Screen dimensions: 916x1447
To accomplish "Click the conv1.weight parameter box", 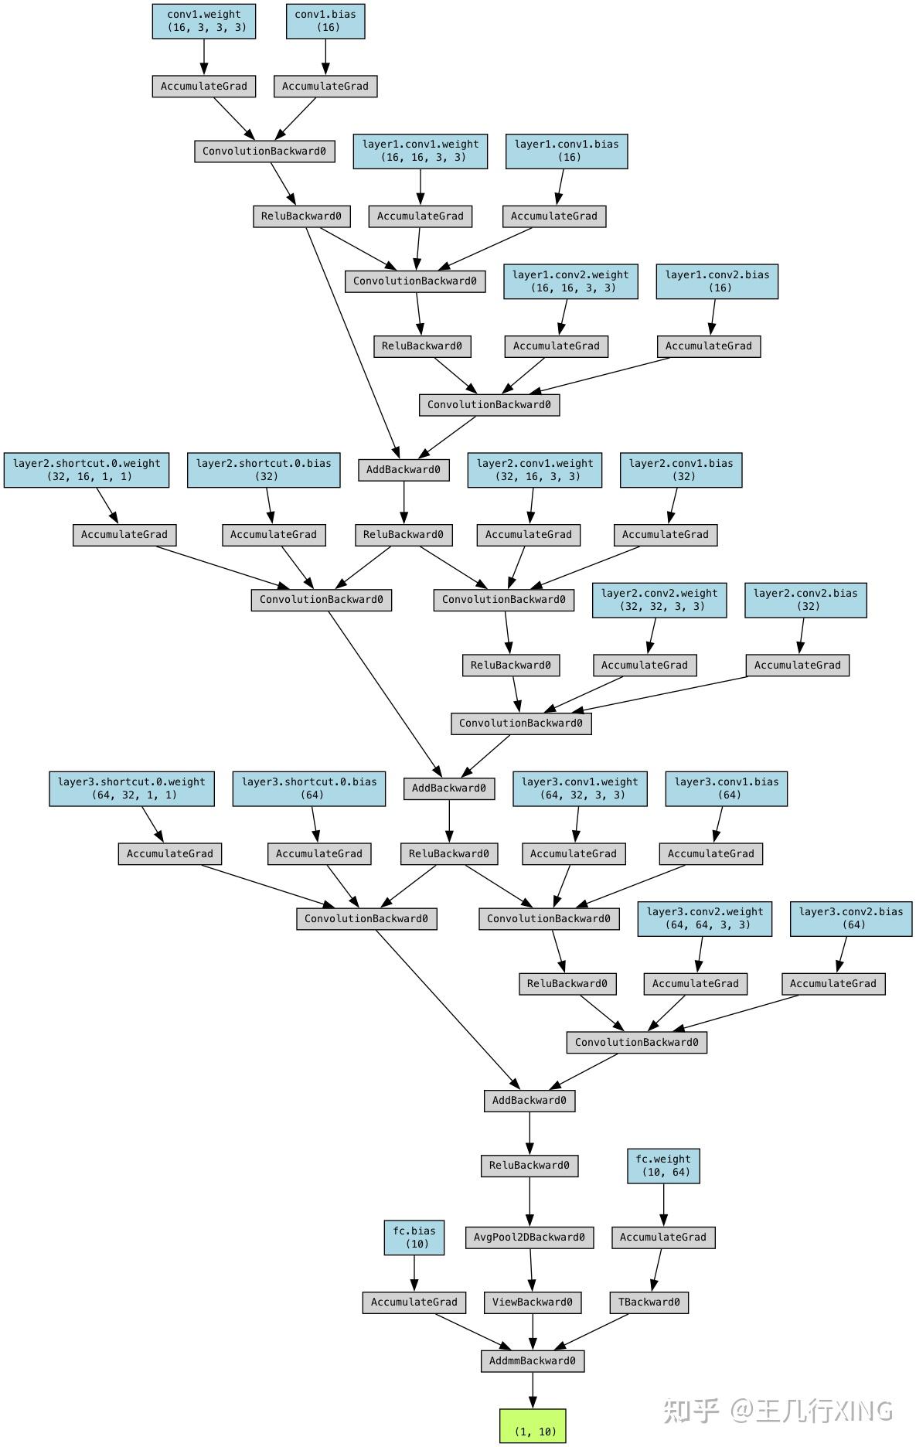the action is click(x=204, y=21).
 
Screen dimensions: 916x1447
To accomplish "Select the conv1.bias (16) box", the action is click(x=325, y=21).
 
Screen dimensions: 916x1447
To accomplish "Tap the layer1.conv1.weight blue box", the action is click(x=421, y=151).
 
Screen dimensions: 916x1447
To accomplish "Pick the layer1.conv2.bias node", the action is click(x=717, y=281).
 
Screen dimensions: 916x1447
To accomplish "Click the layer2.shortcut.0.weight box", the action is click(x=87, y=470).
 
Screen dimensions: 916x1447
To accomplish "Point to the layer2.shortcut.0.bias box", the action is click(x=264, y=470).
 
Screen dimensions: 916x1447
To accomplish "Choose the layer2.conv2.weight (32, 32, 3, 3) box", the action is click(x=659, y=600).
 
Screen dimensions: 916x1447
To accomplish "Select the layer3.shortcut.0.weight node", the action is click(x=131, y=788).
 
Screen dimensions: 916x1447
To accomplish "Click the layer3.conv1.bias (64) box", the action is click(x=727, y=788).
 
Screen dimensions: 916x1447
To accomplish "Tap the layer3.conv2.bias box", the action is click(x=851, y=918).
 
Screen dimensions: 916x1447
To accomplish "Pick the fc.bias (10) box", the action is click(x=414, y=1238).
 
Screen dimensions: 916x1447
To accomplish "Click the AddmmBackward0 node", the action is click(x=533, y=1360).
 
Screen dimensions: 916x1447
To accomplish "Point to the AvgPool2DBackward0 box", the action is click(x=530, y=1237).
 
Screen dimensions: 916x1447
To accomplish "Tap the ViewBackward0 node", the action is click(x=533, y=1302).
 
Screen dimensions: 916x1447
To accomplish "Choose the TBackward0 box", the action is click(x=649, y=1302).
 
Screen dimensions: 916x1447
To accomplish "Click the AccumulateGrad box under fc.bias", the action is click(x=414, y=1302).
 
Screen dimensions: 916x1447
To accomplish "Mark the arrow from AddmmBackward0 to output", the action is click(x=533, y=1390).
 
